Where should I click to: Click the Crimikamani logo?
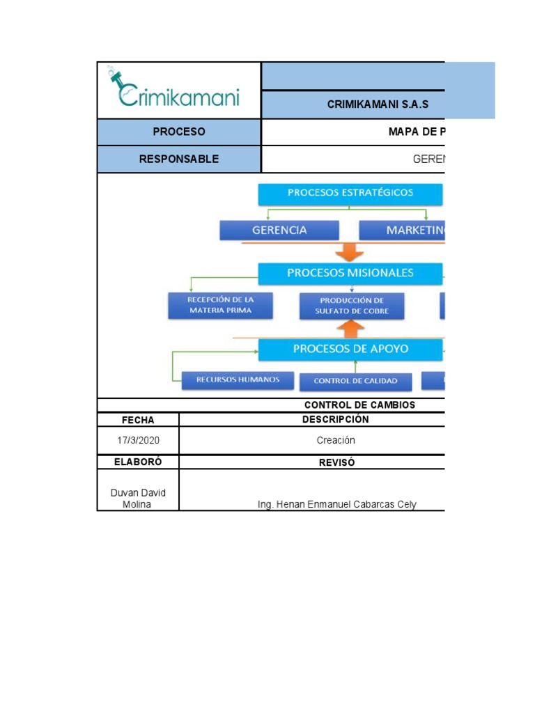(x=174, y=89)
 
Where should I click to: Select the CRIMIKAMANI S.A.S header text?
(x=378, y=105)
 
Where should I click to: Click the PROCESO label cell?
(x=179, y=132)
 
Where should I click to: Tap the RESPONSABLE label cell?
(x=179, y=159)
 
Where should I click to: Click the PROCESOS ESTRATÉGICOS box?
(x=350, y=194)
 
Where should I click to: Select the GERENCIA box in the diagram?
(x=279, y=230)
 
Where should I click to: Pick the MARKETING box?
(x=402, y=230)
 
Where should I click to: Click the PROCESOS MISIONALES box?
(x=350, y=273)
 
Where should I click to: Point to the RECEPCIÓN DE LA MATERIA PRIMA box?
(x=220, y=305)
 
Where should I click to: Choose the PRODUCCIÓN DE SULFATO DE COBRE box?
(x=352, y=306)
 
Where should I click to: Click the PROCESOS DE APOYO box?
(x=350, y=349)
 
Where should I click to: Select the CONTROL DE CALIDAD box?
(x=355, y=382)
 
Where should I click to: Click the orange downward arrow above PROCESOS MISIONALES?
(x=350, y=251)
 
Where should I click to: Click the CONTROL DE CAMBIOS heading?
(x=359, y=405)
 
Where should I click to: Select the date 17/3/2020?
(x=138, y=440)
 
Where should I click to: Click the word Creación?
(x=336, y=440)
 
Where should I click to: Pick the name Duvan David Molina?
(x=138, y=499)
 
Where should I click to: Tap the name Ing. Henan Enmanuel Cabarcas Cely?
(x=337, y=504)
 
